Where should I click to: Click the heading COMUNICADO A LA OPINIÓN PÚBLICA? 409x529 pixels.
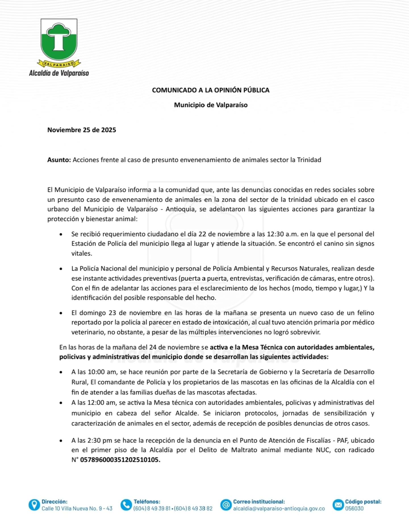pyautogui.click(x=210, y=90)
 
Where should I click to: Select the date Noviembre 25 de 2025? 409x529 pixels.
pyautogui.click(x=82, y=130)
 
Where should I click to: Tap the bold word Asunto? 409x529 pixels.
pyautogui.click(x=59, y=160)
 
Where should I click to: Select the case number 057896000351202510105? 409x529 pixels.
pyautogui.click(x=120, y=460)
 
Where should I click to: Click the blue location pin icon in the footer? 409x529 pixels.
pyautogui.click(x=34, y=505)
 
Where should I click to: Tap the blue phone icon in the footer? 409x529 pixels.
pyautogui.click(x=126, y=505)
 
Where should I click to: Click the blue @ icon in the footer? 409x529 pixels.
pyautogui.click(x=226, y=505)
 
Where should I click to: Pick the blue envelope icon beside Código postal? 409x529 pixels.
pyautogui.click(x=338, y=505)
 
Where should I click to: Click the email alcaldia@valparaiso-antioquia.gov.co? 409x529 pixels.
pyautogui.click(x=279, y=509)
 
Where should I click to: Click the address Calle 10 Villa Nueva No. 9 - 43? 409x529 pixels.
pyautogui.click(x=77, y=509)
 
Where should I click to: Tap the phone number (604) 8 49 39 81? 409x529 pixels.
pyautogui.click(x=152, y=509)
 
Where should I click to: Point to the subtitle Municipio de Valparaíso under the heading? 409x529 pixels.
pyautogui.click(x=210, y=105)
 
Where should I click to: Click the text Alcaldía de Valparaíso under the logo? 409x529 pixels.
pyautogui.click(x=59, y=73)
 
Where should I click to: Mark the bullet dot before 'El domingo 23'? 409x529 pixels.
pyautogui.click(x=61, y=313)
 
